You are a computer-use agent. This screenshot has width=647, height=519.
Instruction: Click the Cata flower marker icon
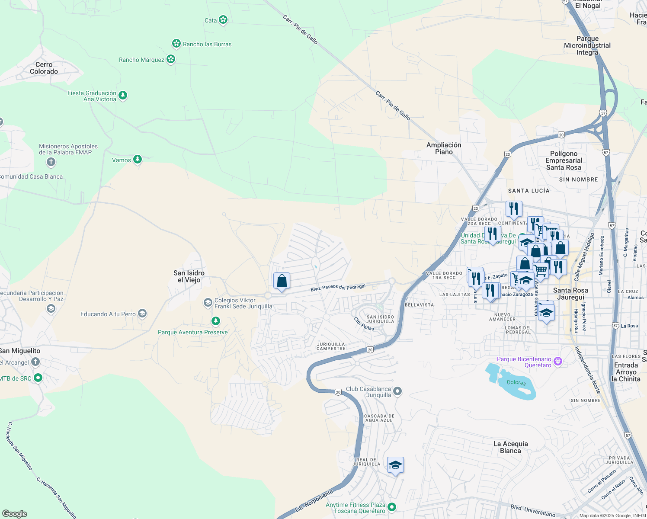223,20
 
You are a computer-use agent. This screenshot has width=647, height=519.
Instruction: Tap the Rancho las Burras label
207,44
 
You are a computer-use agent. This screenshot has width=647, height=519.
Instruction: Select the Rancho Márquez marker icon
171,59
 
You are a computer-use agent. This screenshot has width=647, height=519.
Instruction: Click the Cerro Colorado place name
44,68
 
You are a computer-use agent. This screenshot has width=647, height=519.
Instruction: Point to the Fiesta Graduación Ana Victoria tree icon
123,95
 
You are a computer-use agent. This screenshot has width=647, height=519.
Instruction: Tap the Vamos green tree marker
138,160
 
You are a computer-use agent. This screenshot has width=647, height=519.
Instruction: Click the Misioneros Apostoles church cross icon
51,162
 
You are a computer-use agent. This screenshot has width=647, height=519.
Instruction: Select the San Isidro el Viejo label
189,276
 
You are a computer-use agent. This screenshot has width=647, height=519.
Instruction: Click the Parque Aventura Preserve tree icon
215,321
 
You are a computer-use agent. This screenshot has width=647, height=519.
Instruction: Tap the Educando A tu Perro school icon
142,314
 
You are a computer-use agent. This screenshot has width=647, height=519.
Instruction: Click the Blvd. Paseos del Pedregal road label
338,288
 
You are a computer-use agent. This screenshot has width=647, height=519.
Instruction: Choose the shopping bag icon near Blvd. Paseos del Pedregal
282,281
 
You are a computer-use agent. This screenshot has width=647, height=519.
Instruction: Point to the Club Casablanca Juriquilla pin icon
397,391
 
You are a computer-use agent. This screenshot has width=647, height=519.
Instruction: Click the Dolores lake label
516,383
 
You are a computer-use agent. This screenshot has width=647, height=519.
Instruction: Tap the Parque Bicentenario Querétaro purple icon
558,361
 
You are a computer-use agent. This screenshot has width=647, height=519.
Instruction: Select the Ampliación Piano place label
444,148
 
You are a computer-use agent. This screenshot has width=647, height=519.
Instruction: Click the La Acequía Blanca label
510,447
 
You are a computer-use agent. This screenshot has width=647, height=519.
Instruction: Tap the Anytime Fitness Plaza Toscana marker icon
392,507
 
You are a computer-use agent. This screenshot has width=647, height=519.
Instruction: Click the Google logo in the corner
14,513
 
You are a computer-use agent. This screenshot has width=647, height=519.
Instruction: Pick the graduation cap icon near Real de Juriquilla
395,465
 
